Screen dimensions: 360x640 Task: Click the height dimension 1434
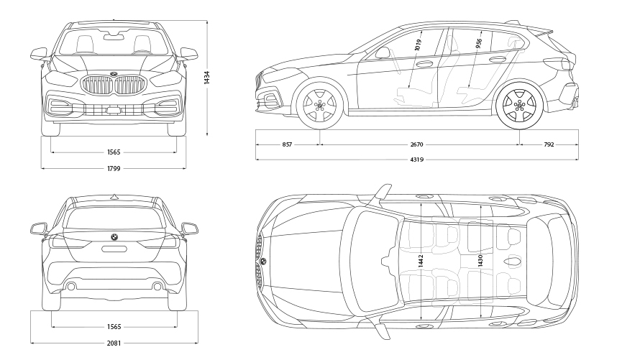click(x=207, y=78)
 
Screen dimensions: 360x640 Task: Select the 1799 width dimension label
click(x=114, y=168)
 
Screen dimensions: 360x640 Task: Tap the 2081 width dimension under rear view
click(x=114, y=343)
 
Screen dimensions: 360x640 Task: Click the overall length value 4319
click(x=418, y=159)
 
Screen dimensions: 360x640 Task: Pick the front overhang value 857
click(x=288, y=144)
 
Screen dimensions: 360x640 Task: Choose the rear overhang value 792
click(x=549, y=144)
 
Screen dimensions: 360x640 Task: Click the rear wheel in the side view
click(x=519, y=105)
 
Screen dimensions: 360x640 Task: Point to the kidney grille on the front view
click(x=114, y=86)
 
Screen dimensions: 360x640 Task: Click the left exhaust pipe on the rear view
click(x=70, y=287)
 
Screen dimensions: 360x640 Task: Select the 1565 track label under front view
click(x=114, y=152)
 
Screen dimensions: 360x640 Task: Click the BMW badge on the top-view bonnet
click(x=263, y=260)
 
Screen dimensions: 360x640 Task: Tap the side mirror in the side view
click(x=383, y=52)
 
